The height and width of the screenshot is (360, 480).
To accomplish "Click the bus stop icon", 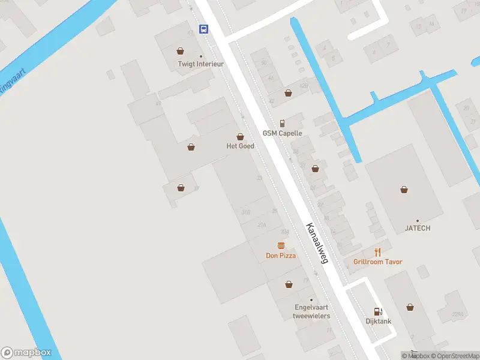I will click(x=204, y=29).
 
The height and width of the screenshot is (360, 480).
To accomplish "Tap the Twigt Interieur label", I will click(x=200, y=64).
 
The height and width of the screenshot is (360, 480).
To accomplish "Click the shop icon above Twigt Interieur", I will click(x=180, y=51).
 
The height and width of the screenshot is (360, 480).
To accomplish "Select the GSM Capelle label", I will click(x=282, y=133).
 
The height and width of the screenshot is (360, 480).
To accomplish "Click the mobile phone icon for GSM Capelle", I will click(x=282, y=122).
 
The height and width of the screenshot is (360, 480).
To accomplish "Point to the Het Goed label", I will click(x=240, y=146).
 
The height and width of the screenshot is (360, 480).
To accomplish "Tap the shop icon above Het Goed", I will click(x=240, y=137).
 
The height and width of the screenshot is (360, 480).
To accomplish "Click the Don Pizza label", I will click(x=281, y=256).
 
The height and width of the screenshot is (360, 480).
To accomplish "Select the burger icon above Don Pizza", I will click(x=281, y=245).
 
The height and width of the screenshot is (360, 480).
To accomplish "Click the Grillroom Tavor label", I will click(x=377, y=262).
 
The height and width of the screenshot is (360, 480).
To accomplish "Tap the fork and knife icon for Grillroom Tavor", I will click(x=377, y=252).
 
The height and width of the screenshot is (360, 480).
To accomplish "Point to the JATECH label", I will click(x=417, y=228).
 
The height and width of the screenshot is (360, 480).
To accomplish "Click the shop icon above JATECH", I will click(x=404, y=190).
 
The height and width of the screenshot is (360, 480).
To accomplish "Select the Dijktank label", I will click(x=379, y=321).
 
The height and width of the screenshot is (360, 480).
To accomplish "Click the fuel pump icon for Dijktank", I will click(x=378, y=311).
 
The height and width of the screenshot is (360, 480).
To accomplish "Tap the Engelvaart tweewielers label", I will click(x=311, y=311).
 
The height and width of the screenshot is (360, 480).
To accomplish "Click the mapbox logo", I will click(x=26, y=353).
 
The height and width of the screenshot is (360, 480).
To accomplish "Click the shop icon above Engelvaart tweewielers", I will click(x=289, y=284).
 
